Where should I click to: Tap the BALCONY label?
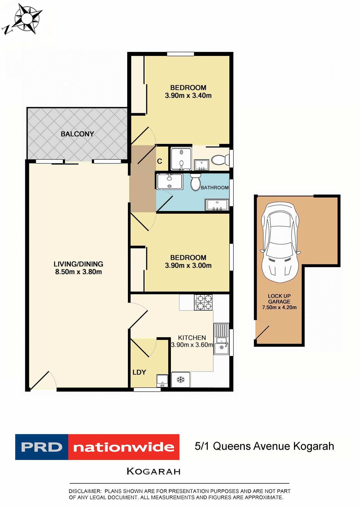77,134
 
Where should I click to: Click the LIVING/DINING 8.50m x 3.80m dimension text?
78,272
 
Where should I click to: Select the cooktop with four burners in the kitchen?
203,302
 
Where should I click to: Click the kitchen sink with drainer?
221,339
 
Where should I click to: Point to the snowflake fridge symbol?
181,380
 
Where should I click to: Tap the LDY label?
139,372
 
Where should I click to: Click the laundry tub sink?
162,380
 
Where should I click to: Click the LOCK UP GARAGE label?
279,299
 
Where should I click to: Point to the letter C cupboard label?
159,161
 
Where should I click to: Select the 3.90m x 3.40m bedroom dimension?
188,95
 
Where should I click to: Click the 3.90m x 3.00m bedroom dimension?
188,265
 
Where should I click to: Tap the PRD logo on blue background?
42,447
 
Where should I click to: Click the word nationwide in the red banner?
124,447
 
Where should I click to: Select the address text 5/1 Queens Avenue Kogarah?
264,446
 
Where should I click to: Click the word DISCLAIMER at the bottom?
85,491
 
